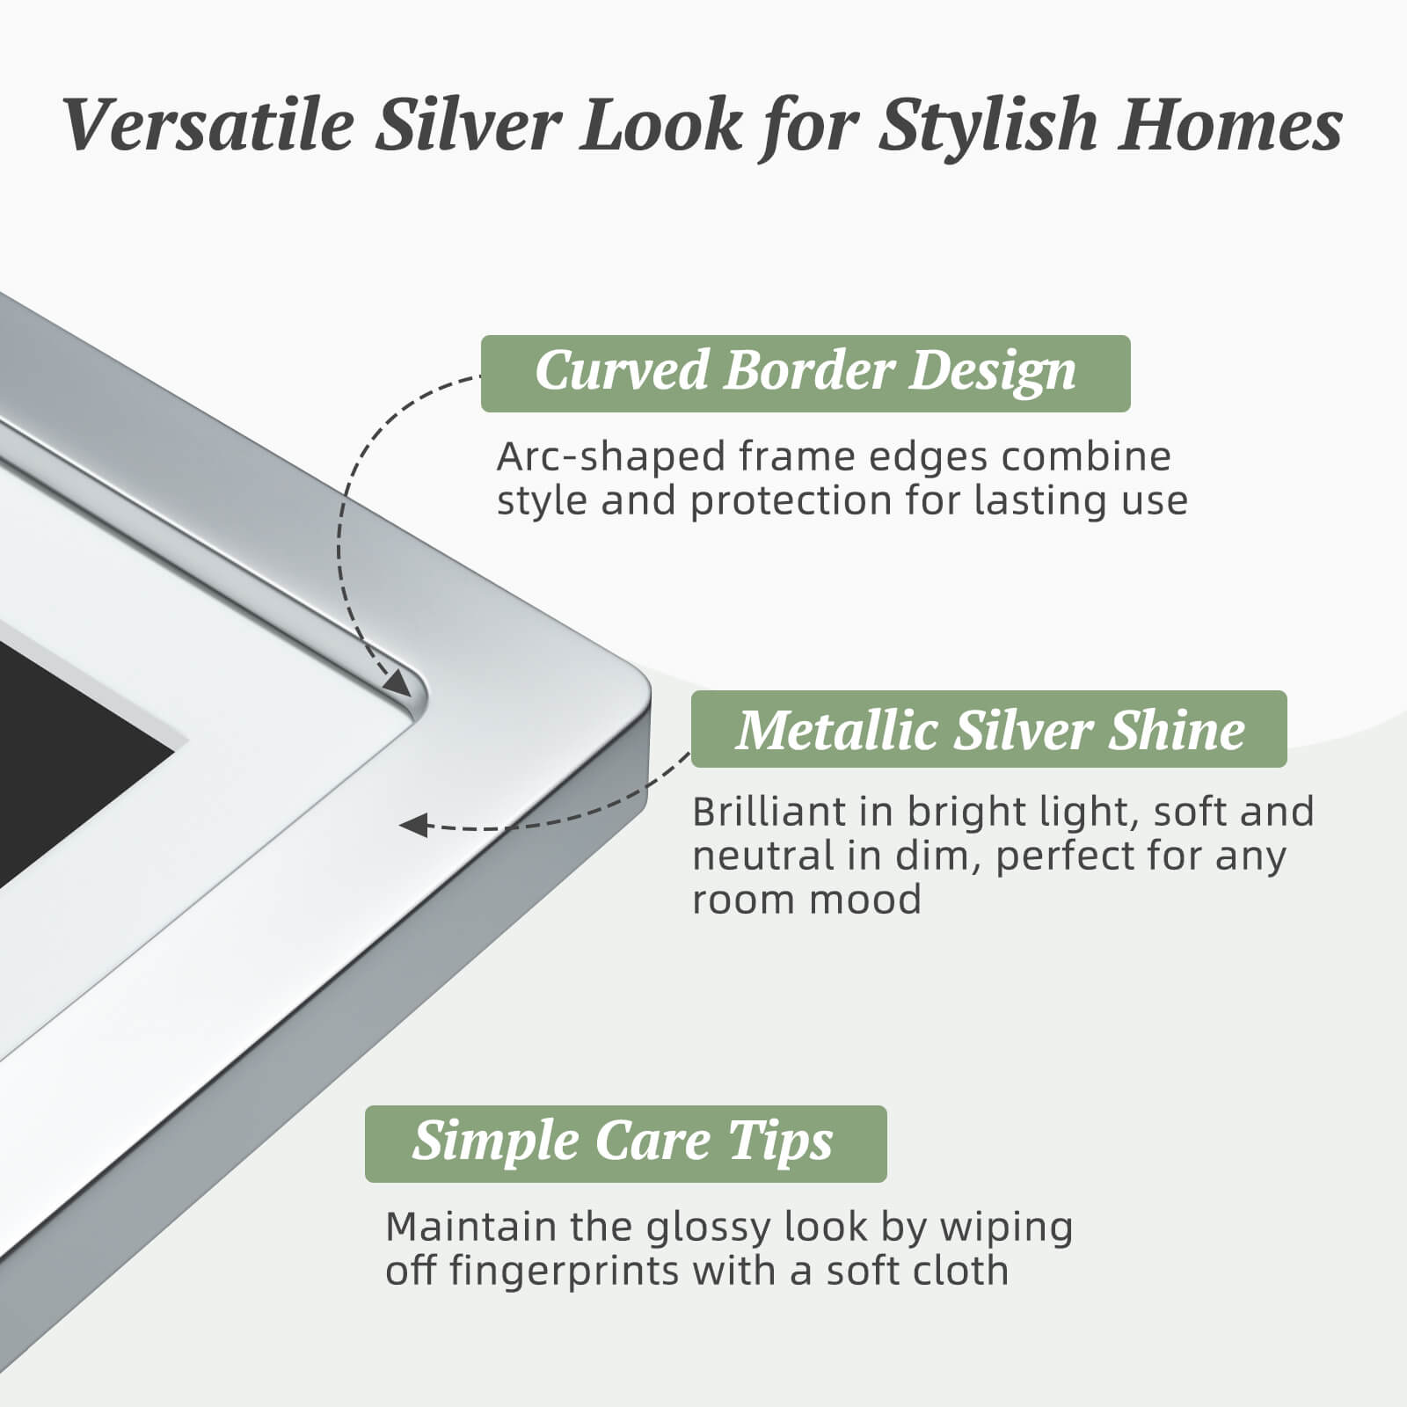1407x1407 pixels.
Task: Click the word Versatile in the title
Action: [x=208, y=125]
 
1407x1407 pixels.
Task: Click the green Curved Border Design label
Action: [x=805, y=373]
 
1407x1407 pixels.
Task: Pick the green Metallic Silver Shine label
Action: [x=988, y=729]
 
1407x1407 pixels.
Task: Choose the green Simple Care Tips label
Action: [x=625, y=1143]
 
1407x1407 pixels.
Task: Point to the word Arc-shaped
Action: [x=610, y=457]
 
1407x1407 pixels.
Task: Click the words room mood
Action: [x=806, y=900]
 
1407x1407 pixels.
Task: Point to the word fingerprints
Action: [x=564, y=1272]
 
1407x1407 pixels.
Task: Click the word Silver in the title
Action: [x=466, y=125]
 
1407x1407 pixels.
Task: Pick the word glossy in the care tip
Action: [x=709, y=1228]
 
